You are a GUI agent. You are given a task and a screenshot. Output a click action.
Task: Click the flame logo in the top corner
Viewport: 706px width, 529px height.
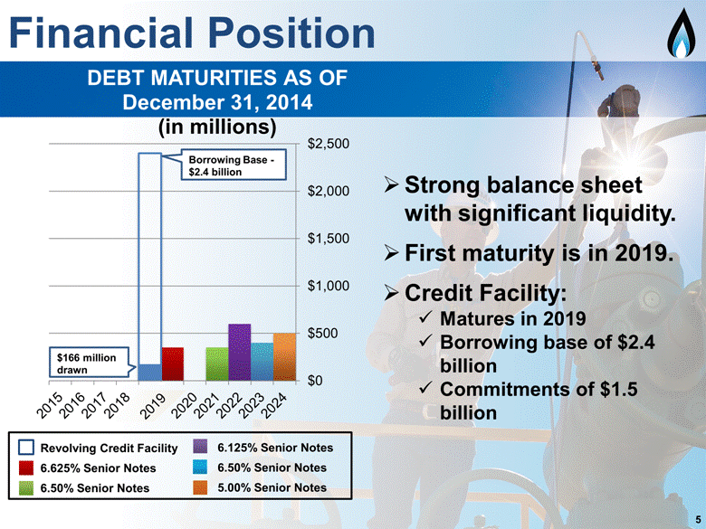click(682, 33)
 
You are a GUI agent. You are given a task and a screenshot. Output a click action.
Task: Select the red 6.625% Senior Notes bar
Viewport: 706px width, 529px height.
click(173, 364)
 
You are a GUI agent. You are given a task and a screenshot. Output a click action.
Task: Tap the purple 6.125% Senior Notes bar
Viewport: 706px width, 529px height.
click(240, 353)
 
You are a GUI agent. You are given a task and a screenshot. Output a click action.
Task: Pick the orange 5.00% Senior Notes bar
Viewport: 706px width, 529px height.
click(284, 357)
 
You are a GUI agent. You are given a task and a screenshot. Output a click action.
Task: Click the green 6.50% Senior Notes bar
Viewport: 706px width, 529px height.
click(217, 364)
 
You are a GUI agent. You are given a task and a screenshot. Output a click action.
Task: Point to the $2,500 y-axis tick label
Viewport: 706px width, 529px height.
click(329, 144)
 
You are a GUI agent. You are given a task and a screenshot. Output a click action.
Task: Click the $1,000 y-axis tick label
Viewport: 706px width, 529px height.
click(329, 286)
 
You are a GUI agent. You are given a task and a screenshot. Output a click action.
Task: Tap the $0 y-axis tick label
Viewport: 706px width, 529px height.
click(315, 381)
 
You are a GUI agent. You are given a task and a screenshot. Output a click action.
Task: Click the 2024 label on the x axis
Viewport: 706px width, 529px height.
click(273, 405)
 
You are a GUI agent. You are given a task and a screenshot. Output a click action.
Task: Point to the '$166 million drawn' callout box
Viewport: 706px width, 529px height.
click(89, 363)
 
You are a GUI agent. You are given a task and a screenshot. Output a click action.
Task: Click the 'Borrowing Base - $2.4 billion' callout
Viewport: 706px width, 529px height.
click(234, 165)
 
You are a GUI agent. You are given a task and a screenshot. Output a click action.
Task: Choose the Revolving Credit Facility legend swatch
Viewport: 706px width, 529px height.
click(26, 448)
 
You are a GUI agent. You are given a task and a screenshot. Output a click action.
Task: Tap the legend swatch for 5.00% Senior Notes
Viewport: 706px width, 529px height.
click(200, 487)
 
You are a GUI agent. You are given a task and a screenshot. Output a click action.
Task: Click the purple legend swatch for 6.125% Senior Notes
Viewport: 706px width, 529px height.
click(200, 447)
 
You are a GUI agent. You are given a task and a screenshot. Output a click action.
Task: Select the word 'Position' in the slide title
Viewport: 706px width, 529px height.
click(291, 33)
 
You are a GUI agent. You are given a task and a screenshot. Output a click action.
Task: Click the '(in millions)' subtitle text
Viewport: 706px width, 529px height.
click(217, 128)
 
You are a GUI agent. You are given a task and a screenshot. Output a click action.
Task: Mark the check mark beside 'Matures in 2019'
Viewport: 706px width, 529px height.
click(426, 318)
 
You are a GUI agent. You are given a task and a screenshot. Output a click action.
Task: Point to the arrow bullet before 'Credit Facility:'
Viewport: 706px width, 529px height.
click(391, 293)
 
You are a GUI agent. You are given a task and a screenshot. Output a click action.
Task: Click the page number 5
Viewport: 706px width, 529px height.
click(698, 518)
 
